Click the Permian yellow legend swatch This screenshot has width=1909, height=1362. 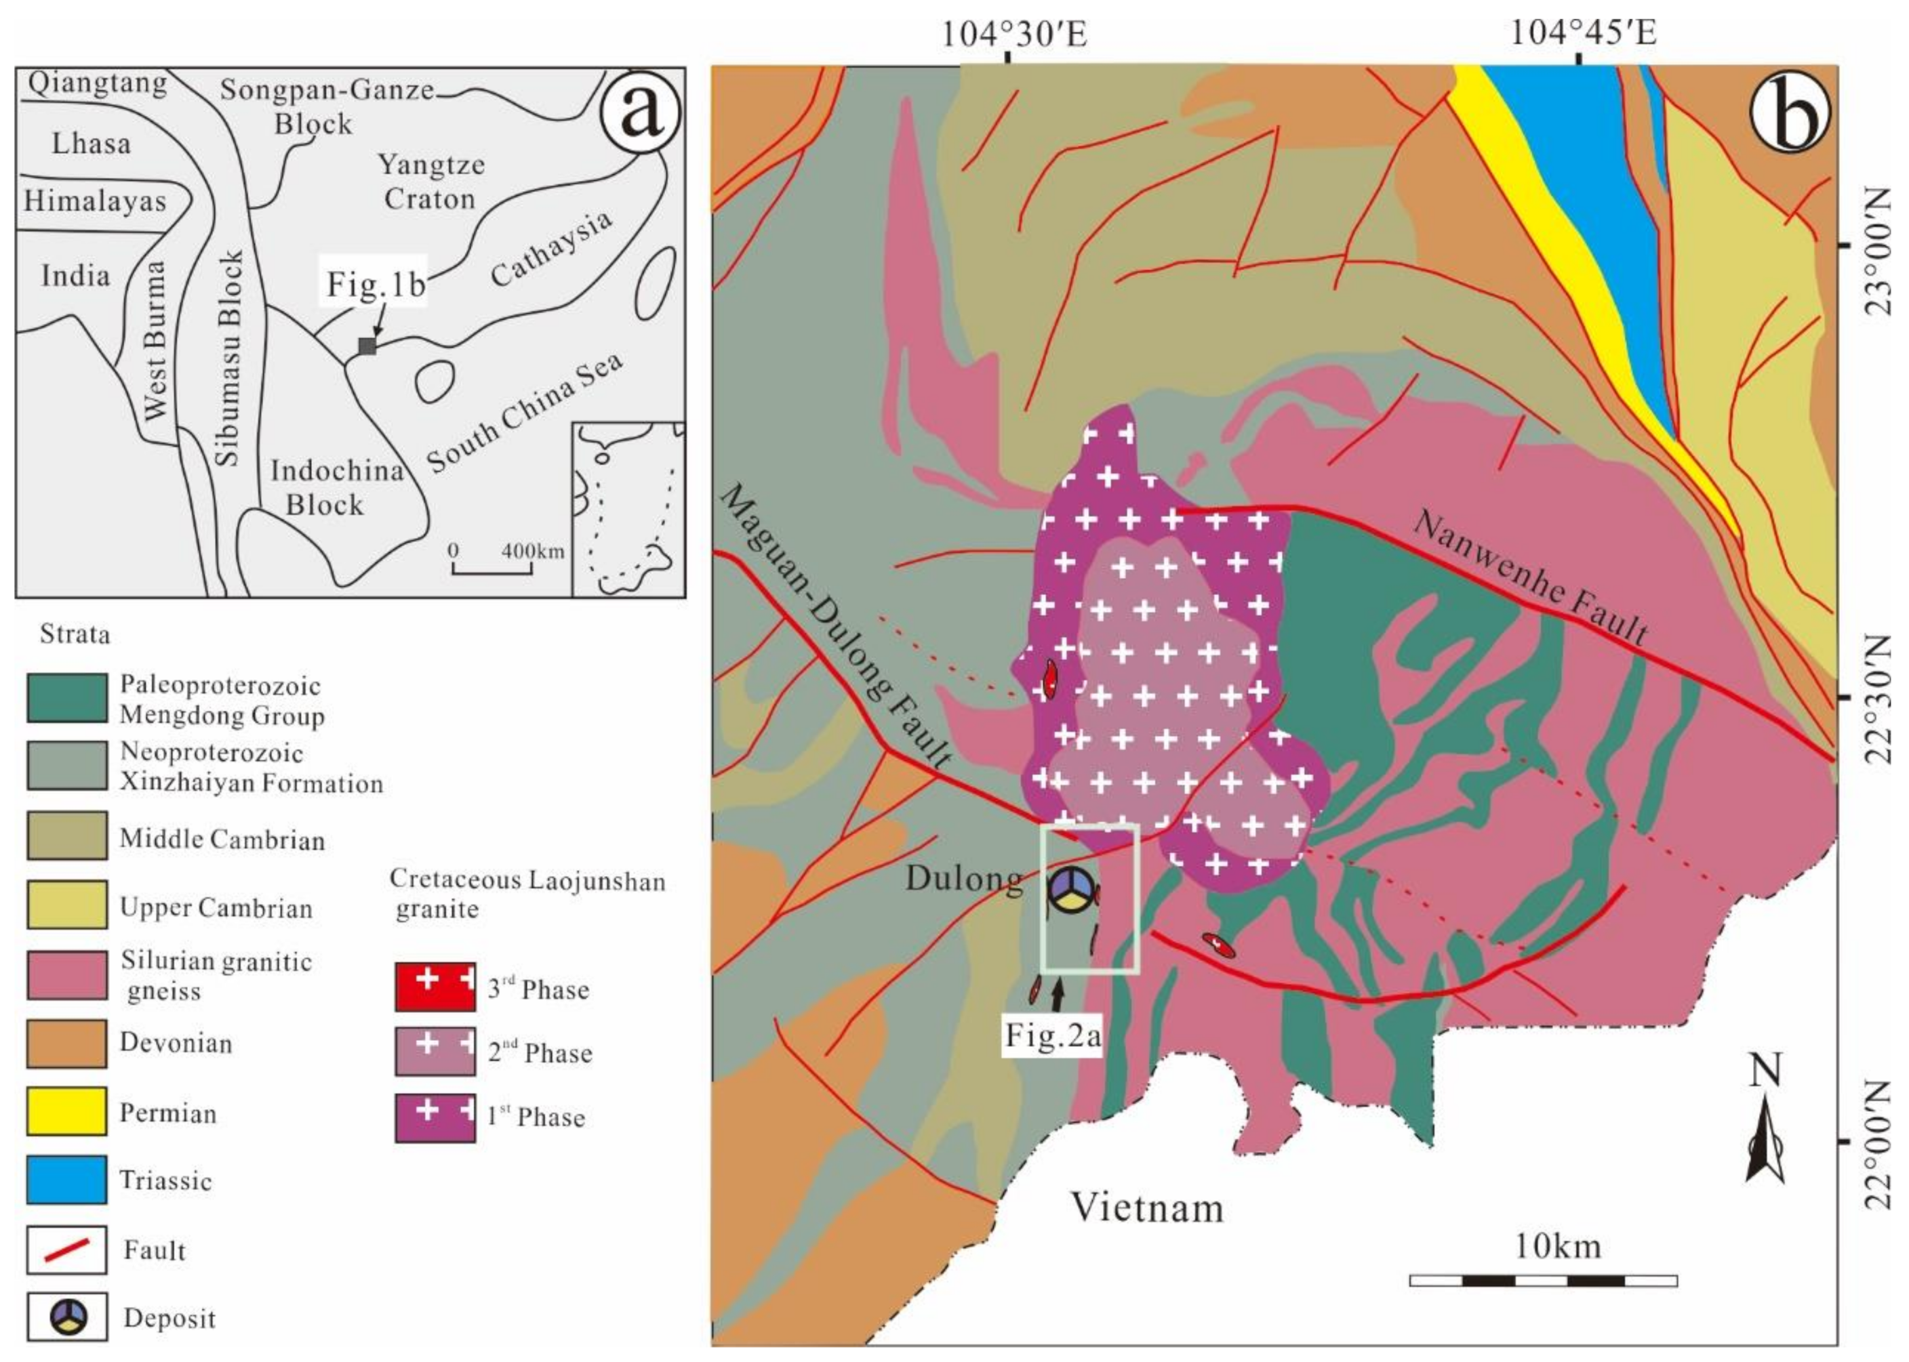(66, 1111)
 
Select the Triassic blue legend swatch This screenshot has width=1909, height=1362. (66, 1179)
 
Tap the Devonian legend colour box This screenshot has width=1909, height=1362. (66, 1044)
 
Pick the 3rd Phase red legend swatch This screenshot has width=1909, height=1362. (435, 987)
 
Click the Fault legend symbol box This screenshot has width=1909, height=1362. (66, 1250)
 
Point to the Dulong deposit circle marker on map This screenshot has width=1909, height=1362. (1070, 889)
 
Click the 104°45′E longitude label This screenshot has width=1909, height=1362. (1582, 35)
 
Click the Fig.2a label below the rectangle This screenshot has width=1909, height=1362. (1052, 1036)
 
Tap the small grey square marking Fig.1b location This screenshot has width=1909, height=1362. (367, 346)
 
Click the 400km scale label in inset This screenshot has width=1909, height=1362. (533, 551)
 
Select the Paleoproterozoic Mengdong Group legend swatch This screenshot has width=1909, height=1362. (66, 698)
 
